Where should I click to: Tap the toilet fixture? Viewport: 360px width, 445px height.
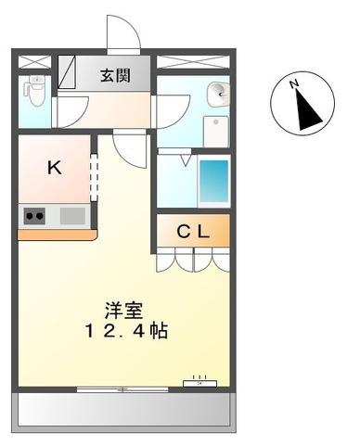pos(34,90)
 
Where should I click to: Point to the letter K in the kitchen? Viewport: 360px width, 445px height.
pos(54,168)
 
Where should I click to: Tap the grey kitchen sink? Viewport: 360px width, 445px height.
pos(72,216)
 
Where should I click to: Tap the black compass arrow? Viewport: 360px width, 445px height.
pos(305,112)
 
